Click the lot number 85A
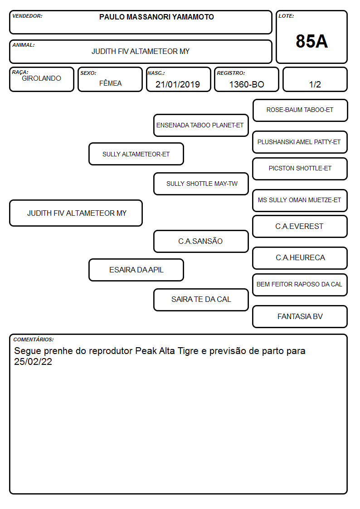[311, 41]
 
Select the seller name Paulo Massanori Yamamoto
[156, 17]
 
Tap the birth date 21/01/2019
[178, 84]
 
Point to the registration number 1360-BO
[247, 84]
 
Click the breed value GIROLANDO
[41, 78]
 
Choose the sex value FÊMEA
[110, 83]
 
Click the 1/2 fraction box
[315, 79]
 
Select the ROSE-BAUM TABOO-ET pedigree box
[300, 111]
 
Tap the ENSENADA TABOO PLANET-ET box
[201, 125]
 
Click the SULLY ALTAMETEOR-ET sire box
[136, 154]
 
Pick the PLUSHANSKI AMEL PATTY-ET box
[300, 142]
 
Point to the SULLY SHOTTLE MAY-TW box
[201, 184]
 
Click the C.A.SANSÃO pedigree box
[201, 241]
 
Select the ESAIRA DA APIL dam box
[136, 270]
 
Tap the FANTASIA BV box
[300, 316]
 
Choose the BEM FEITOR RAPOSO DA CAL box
[300, 285]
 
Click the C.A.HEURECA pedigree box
[300, 258]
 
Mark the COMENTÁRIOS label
[34, 339]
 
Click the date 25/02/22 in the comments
[33, 362]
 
